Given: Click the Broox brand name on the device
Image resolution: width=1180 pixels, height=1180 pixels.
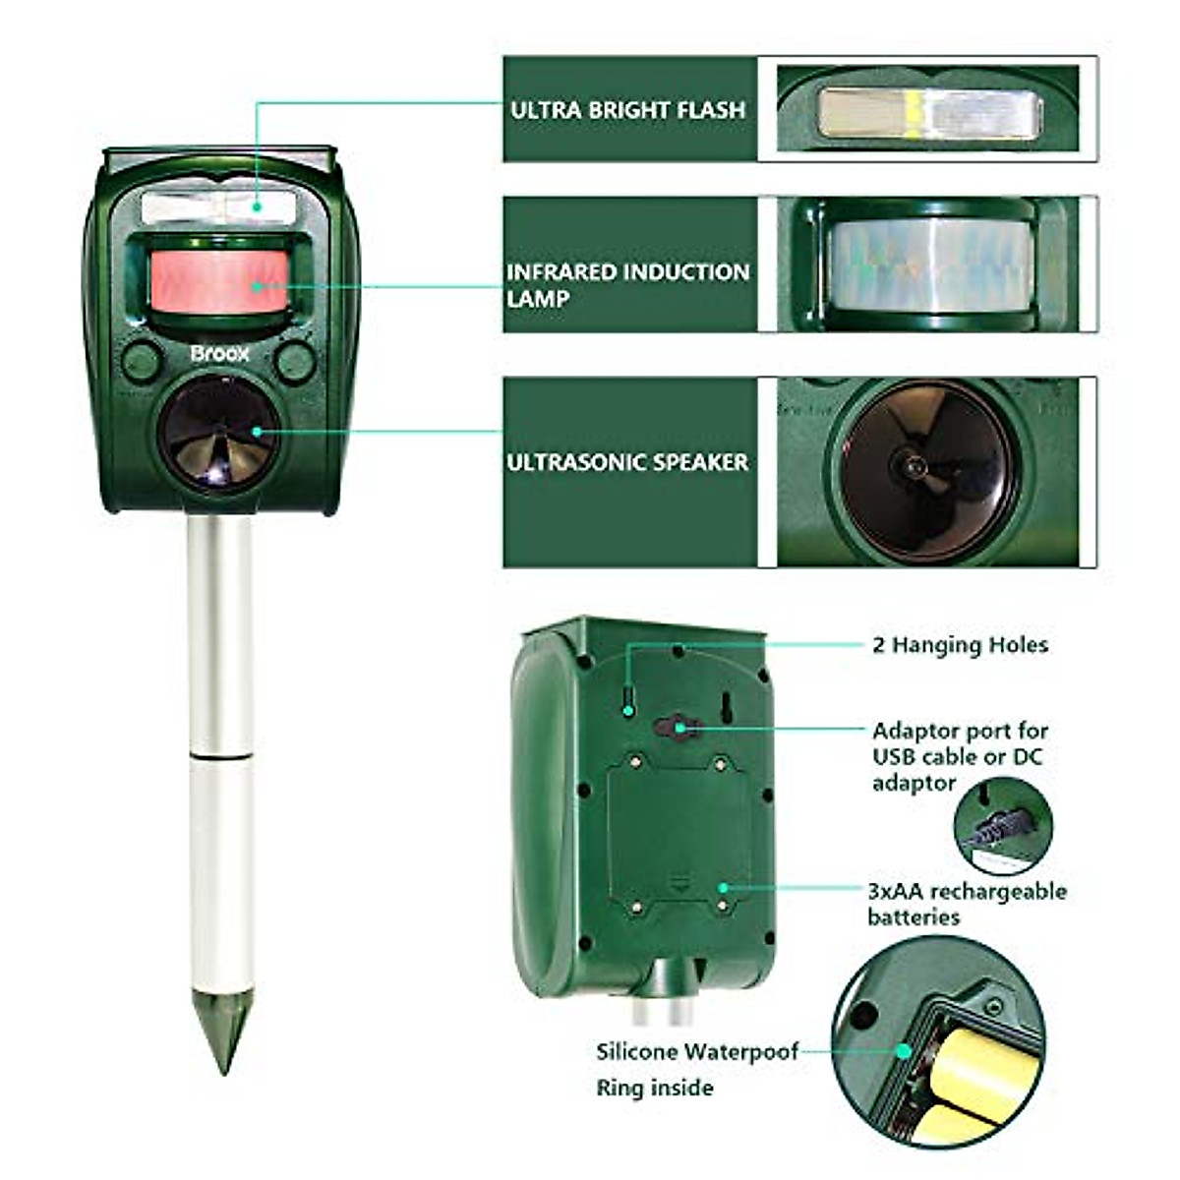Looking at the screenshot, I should [x=220, y=352].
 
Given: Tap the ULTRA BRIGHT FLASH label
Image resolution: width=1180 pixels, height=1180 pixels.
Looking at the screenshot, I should [x=627, y=109].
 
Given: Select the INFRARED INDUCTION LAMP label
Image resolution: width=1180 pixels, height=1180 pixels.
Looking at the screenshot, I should [x=627, y=284].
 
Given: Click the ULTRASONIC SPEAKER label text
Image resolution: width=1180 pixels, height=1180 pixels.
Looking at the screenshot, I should [x=627, y=461].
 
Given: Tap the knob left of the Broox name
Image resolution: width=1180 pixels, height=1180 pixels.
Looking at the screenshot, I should [x=142, y=361].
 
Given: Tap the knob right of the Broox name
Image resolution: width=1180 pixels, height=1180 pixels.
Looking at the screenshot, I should [x=294, y=361].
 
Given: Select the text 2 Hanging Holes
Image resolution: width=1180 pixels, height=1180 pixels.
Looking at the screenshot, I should [x=960, y=645].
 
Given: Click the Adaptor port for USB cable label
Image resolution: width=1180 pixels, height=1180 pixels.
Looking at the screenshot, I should [x=959, y=756].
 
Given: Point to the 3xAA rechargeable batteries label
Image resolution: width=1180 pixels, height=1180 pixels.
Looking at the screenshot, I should [x=966, y=904].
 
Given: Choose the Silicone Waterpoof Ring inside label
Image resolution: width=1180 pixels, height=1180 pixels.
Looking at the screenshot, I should [x=696, y=1070].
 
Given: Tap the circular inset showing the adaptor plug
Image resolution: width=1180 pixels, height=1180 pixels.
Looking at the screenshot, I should [x=1003, y=827].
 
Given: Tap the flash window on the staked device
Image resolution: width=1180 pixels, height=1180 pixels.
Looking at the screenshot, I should [x=219, y=207].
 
